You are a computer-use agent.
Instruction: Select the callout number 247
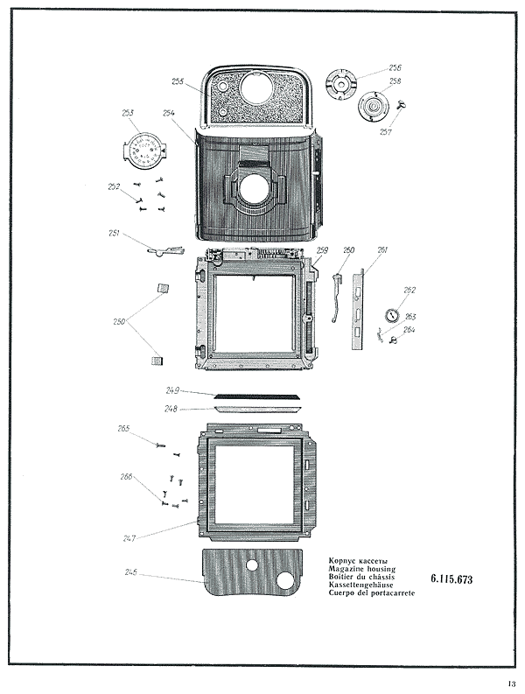pyautogui.click(x=130, y=536)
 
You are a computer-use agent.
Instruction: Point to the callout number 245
pyautogui.click(x=130, y=571)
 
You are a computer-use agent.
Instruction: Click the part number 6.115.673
pyautogui.click(x=451, y=579)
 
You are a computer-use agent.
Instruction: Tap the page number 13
pyautogui.click(x=510, y=684)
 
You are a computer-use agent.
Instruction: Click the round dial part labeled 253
pyautogui.click(x=143, y=152)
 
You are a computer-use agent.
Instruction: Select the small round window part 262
pyautogui.click(x=391, y=315)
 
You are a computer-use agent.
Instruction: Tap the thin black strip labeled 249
pyautogui.click(x=258, y=396)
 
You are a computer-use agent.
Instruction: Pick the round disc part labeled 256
pyautogui.click(x=339, y=81)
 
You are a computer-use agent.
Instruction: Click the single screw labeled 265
pyautogui.click(x=161, y=445)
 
